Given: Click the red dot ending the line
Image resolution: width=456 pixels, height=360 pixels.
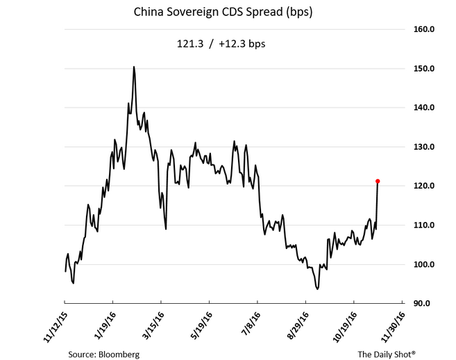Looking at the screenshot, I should pyautogui.click(x=378, y=181).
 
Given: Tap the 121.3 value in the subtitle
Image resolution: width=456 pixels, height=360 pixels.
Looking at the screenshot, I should pyautogui.click(x=189, y=44).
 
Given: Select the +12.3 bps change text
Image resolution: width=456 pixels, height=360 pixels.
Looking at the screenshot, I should pyautogui.click(x=242, y=44).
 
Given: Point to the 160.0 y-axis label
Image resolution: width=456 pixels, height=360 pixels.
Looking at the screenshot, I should pyautogui.click(x=423, y=30).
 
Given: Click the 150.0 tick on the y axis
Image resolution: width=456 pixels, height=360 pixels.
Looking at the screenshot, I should pyautogui.click(x=423, y=69).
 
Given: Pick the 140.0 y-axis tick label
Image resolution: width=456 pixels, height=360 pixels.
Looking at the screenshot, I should pyautogui.click(x=423, y=108).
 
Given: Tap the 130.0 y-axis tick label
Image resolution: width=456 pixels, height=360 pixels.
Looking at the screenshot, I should pyautogui.click(x=423, y=147).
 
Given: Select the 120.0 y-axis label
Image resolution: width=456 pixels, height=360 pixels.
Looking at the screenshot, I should pyautogui.click(x=423, y=186).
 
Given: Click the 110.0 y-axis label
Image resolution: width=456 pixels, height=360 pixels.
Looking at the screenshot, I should pyautogui.click(x=423, y=225).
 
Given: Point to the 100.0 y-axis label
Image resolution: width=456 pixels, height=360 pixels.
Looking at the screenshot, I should pyautogui.click(x=423, y=264).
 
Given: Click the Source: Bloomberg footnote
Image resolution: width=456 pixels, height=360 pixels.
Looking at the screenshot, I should pyautogui.click(x=103, y=354).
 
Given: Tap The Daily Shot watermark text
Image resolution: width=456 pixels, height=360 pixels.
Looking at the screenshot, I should pyautogui.click(x=387, y=354).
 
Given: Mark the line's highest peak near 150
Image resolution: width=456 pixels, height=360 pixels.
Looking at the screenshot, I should pyautogui.click(x=133, y=67).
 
